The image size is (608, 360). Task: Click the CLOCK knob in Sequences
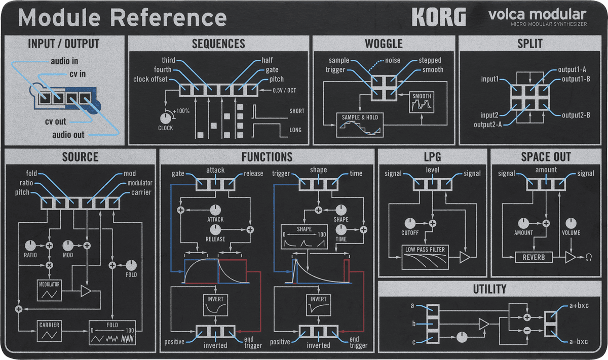165,117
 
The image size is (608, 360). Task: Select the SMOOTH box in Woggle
422,102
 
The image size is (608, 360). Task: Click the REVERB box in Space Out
534,257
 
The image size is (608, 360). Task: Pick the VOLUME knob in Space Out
571,223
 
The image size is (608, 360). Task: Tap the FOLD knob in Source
131,265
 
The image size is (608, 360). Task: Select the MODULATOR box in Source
49,290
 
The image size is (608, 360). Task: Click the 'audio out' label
68,135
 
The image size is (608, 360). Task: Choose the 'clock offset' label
150,79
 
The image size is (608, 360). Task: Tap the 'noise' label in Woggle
393,60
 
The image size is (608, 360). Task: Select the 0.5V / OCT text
284,91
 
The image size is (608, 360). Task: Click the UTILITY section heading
489,289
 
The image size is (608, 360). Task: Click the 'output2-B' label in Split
576,115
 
